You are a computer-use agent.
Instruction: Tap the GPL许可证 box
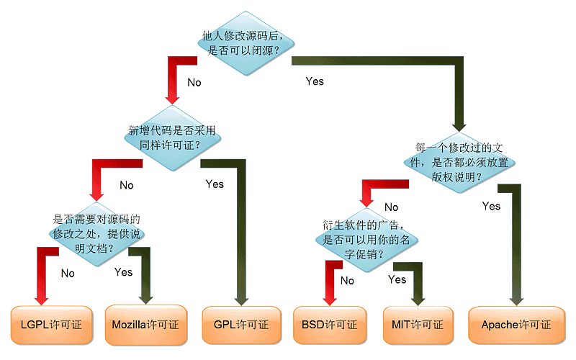coord(241,325)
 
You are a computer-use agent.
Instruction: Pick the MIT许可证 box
coord(418,325)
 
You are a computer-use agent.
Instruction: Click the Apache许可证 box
coord(516,325)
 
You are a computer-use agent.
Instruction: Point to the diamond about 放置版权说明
coord(462,163)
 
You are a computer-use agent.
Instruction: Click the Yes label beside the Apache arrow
coord(491,207)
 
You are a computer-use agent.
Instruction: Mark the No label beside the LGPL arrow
coord(68,274)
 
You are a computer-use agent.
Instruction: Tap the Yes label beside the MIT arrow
coord(397,279)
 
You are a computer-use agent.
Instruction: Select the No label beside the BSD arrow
coord(347,281)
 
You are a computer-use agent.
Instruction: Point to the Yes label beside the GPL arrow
coord(215,184)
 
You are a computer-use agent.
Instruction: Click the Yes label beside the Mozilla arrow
coord(124,272)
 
